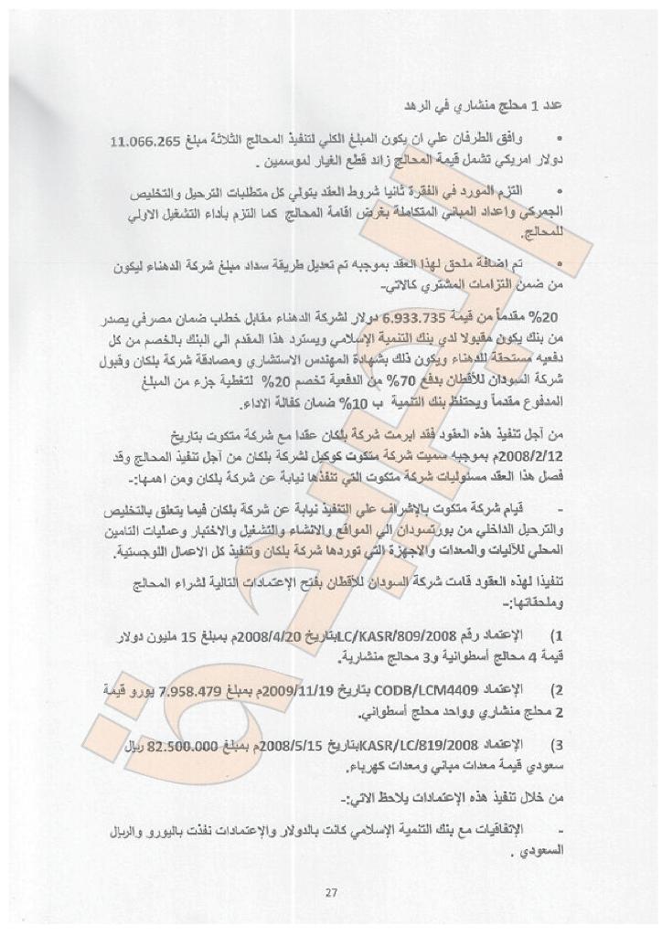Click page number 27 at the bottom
pos(330,894)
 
